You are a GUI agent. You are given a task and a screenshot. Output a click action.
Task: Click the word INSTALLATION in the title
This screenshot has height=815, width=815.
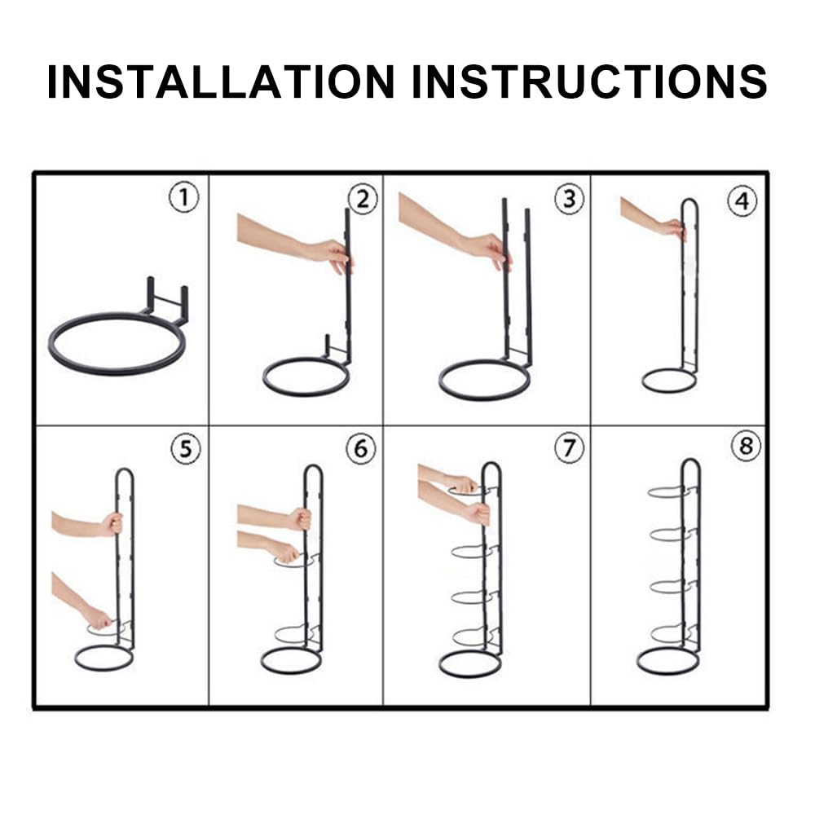(x=221, y=81)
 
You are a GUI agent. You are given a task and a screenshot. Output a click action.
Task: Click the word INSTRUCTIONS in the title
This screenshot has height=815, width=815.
(x=589, y=81)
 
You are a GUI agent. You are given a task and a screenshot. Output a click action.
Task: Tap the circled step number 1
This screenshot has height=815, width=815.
(x=184, y=198)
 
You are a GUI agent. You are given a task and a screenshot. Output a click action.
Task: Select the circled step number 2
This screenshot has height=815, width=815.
(x=363, y=200)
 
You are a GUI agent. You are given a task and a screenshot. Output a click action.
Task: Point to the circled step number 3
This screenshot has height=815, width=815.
(x=569, y=199)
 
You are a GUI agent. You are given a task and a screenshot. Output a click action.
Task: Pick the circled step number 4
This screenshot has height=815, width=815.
(x=742, y=201)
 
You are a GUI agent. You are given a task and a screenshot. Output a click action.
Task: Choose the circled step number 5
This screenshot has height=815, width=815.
(x=186, y=448)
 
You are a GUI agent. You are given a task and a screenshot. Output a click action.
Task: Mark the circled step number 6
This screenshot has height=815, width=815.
(x=361, y=448)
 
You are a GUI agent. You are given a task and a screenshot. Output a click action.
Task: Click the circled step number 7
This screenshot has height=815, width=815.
(x=569, y=447)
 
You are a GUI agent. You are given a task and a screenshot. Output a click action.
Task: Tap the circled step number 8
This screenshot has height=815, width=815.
(x=746, y=446)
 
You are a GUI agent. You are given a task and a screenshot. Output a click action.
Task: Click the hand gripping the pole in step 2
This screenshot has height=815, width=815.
(x=333, y=254)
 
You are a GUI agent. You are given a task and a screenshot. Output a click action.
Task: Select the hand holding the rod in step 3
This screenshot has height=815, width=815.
(x=491, y=250)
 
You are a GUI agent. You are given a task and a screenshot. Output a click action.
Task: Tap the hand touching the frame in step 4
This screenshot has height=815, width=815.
(x=675, y=229)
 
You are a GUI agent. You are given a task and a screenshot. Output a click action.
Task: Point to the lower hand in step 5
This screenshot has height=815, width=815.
(x=99, y=618)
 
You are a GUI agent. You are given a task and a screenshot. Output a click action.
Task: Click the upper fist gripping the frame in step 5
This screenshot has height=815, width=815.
(x=112, y=523)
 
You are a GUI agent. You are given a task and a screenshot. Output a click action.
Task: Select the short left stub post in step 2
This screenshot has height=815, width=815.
(x=328, y=346)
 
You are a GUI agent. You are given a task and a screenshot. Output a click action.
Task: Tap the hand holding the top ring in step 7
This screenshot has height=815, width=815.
(x=463, y=484)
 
